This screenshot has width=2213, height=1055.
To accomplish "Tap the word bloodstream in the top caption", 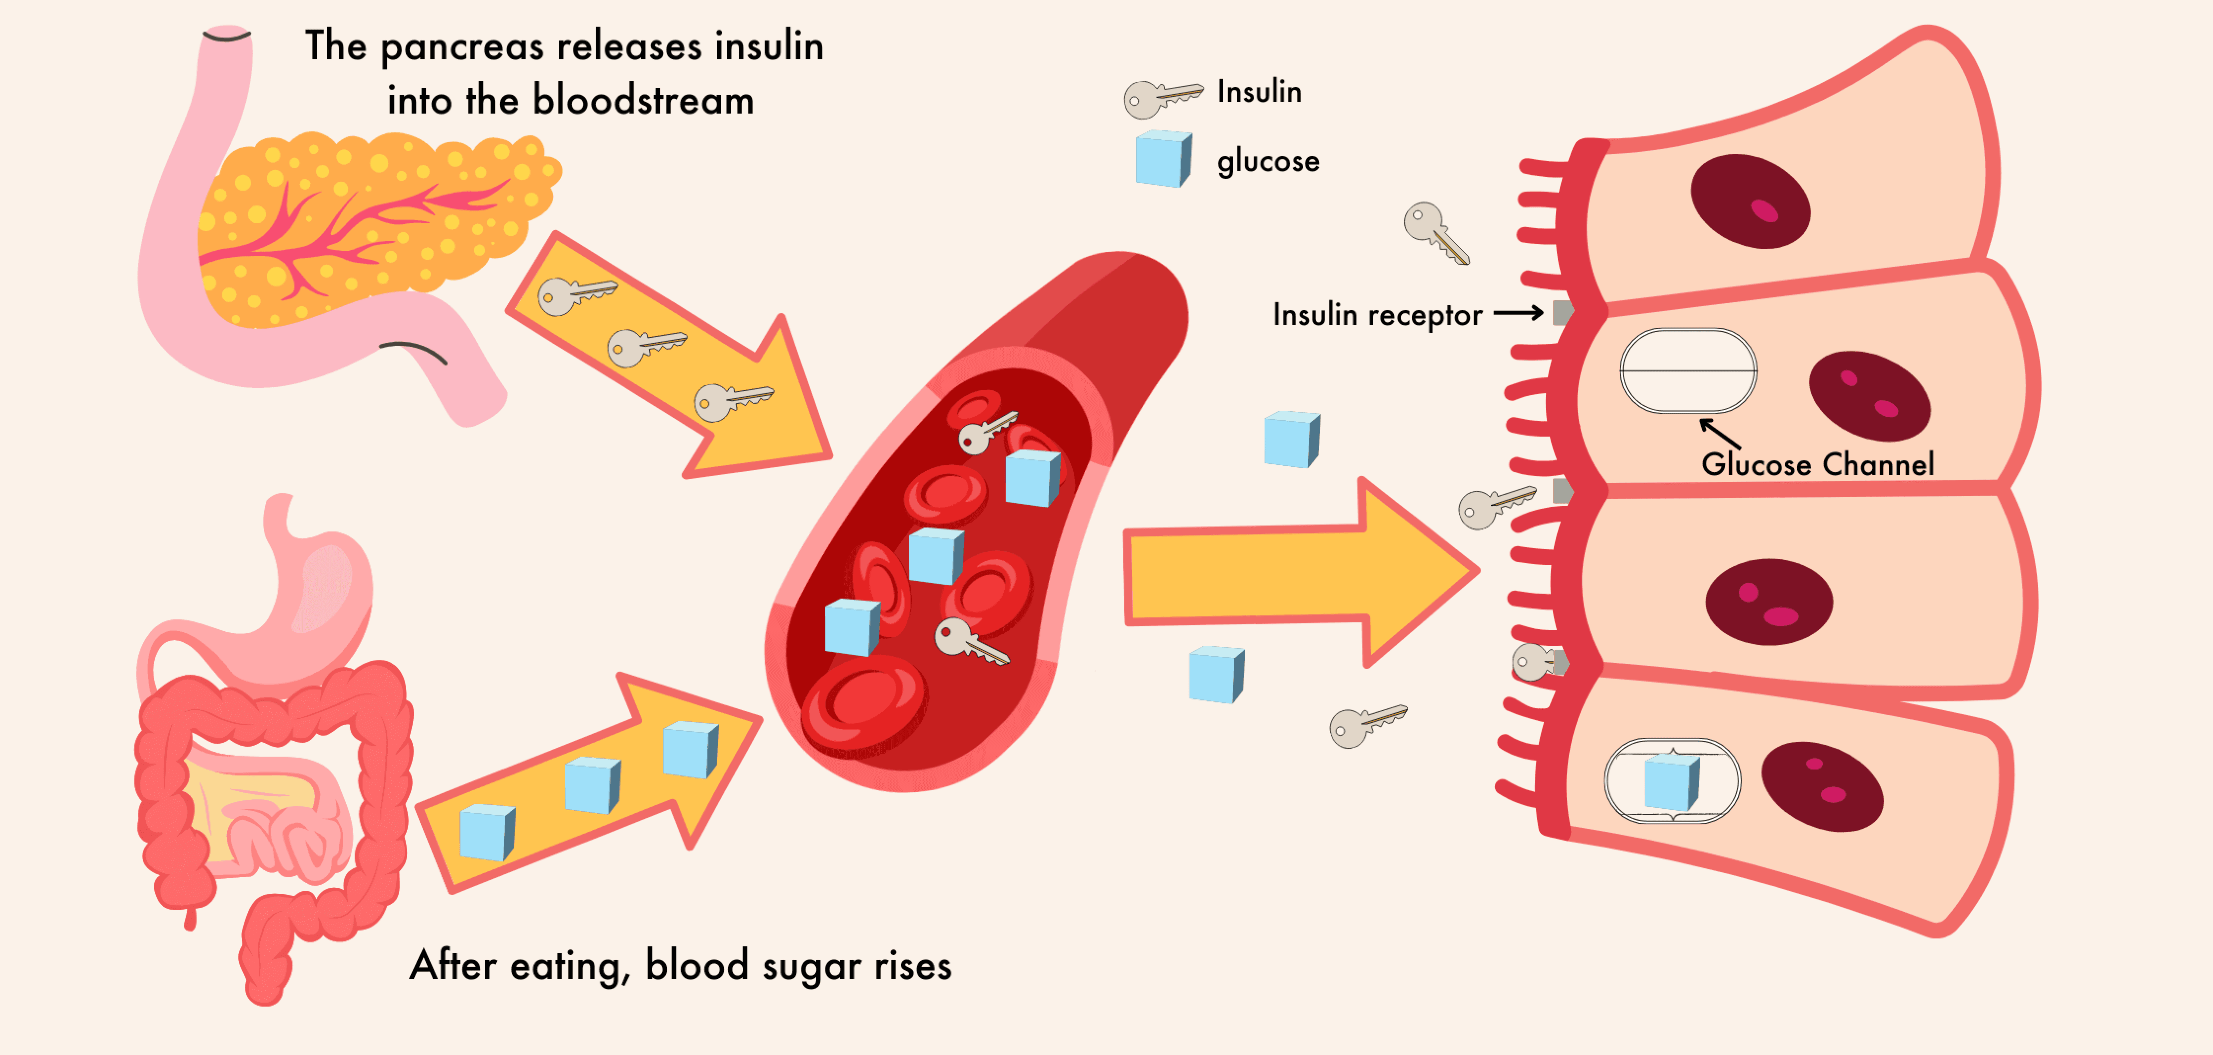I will (643, 101).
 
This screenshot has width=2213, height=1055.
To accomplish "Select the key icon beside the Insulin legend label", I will (1161, 98).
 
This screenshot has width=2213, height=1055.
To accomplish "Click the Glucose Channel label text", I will (1817, 465).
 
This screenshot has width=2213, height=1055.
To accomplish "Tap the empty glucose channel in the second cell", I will (1687, 371).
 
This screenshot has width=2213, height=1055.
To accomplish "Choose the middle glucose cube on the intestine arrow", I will (592, 784).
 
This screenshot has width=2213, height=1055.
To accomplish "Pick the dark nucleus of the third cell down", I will (1768, 602).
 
